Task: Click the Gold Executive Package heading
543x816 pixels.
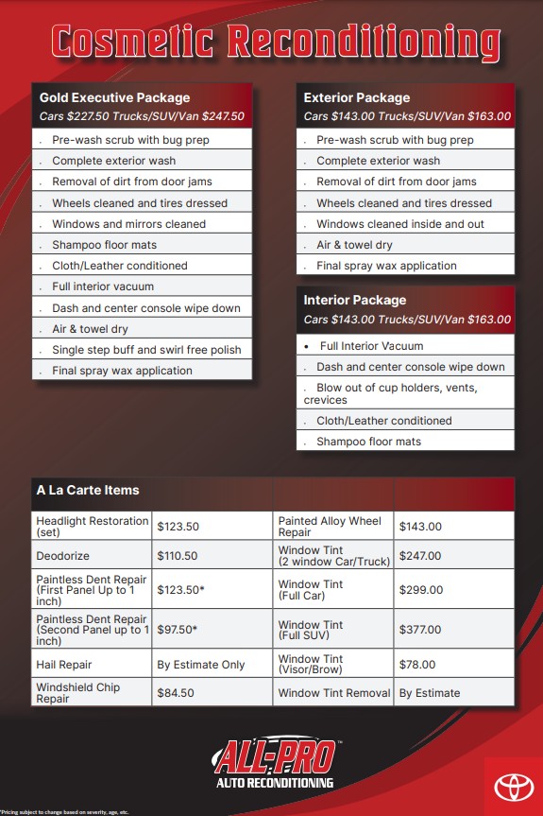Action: click(114, 97)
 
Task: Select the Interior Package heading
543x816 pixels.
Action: click(355, 300)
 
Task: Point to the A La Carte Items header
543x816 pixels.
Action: click(88, 490)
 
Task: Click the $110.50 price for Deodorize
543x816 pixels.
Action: click(178, 556)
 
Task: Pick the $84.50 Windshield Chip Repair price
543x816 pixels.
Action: click(176, 692)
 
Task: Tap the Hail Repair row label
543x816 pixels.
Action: click(64, 665)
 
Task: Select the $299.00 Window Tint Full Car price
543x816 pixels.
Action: click(420, 590)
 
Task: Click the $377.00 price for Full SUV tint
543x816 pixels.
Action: click(420, 630)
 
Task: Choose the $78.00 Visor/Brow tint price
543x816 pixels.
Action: click(417, 665)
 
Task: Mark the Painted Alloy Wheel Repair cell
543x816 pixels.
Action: click(330, 526)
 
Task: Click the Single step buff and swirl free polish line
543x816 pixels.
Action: click(146, 350)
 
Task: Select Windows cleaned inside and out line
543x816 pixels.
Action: click(399, 224)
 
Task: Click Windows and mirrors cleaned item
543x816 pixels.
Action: click(128, 224)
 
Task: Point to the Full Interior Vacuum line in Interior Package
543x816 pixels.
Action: click(370, 346)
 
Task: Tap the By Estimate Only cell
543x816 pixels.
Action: click(200, 665)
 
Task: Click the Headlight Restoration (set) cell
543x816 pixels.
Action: click(93, 526)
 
